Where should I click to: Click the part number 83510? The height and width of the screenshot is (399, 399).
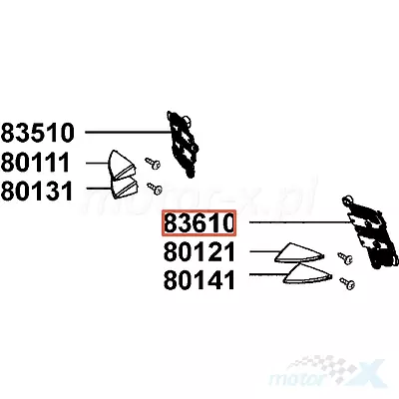click(x=37, y=133)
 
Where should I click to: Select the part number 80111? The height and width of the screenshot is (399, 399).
click(x=35, y=163)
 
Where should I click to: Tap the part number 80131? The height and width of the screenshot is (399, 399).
click(x=37, y=192)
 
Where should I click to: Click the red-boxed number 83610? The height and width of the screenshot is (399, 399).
click(x=199, y=222)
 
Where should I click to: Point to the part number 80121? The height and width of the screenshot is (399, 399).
click(x=199, y=251)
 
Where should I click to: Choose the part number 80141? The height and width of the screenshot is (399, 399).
click(x=199, y=280)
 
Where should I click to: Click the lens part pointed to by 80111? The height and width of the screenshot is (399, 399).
click(x=122, y=164)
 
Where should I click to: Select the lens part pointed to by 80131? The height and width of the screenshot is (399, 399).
click(x=124, y=189)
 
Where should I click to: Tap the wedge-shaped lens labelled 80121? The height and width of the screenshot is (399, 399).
click(x=298, y=253)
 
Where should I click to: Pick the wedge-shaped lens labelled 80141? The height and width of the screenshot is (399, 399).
click(x=307, y=274)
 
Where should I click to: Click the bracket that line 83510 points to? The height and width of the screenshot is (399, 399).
click(x=184, y=144)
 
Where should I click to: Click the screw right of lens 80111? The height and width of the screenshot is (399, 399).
click(x=153, y=163)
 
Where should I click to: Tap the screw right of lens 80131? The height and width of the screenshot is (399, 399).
click(x=155, y=189)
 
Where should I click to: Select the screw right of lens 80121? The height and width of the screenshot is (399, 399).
click(x=345, y=258)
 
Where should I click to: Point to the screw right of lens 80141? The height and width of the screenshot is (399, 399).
click(x=347, y=283)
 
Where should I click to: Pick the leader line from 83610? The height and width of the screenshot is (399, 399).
click(x=301, y=221)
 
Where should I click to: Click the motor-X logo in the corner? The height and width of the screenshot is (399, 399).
click(x=327, y=371)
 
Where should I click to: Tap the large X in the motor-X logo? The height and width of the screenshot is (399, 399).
click(x=370, y=373)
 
